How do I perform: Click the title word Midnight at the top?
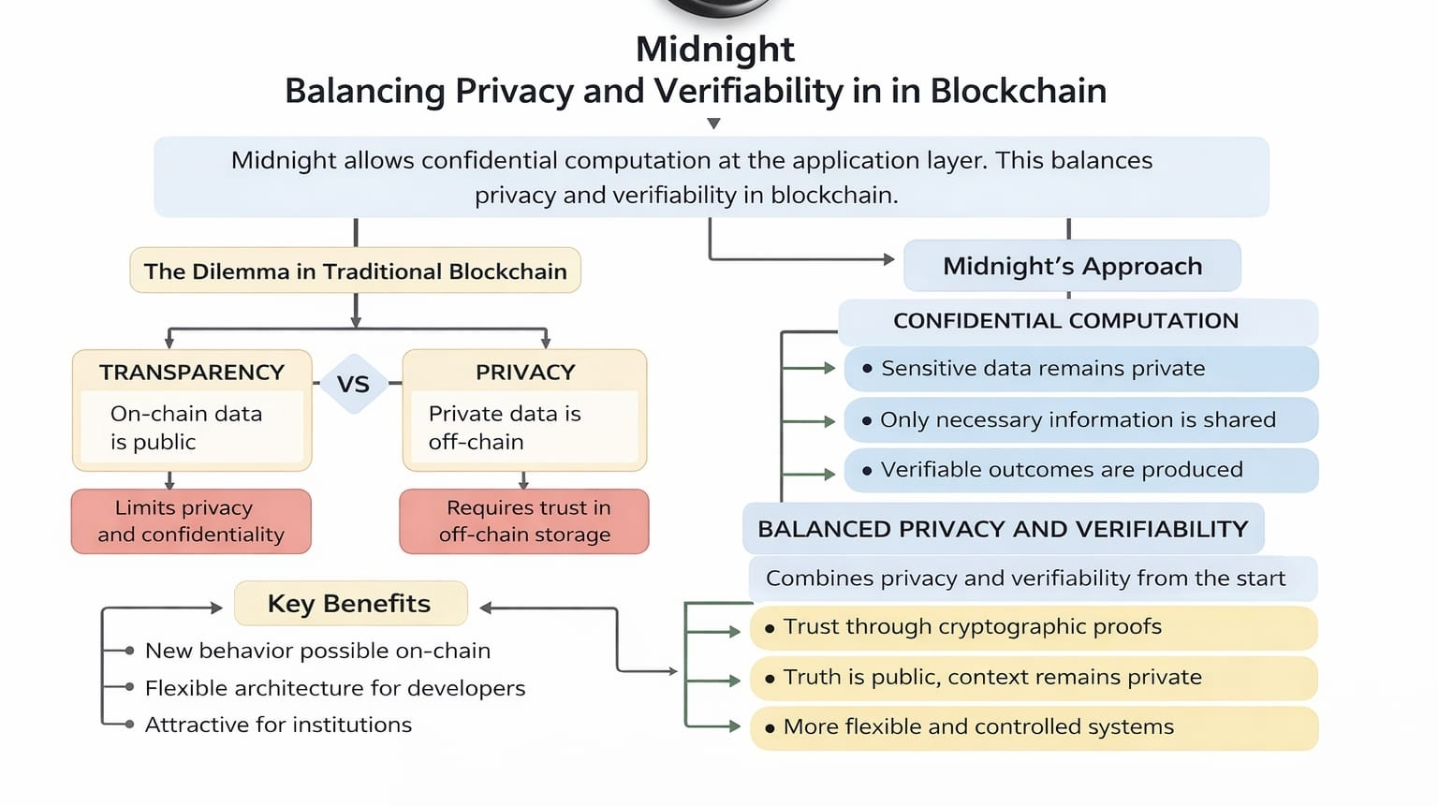714,49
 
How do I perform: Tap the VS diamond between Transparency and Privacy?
353,384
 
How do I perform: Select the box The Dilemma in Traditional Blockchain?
355,271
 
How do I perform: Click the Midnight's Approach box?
1072,266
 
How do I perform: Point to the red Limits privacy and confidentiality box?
191,521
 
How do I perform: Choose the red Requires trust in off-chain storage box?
524,521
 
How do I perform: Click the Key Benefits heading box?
349,604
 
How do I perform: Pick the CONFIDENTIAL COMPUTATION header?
1065,321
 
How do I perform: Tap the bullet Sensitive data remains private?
1042,369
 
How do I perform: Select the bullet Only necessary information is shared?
1078,419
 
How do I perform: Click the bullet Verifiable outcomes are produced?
1061,470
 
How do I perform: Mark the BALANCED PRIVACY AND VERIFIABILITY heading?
1003,529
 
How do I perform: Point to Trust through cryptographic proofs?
972,627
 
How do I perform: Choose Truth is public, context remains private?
991,678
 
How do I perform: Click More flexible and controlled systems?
977,727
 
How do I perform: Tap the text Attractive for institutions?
278,725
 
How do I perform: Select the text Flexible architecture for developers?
334,688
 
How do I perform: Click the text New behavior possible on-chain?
317,651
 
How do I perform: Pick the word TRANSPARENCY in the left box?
192,373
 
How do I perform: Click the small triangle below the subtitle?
713,124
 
